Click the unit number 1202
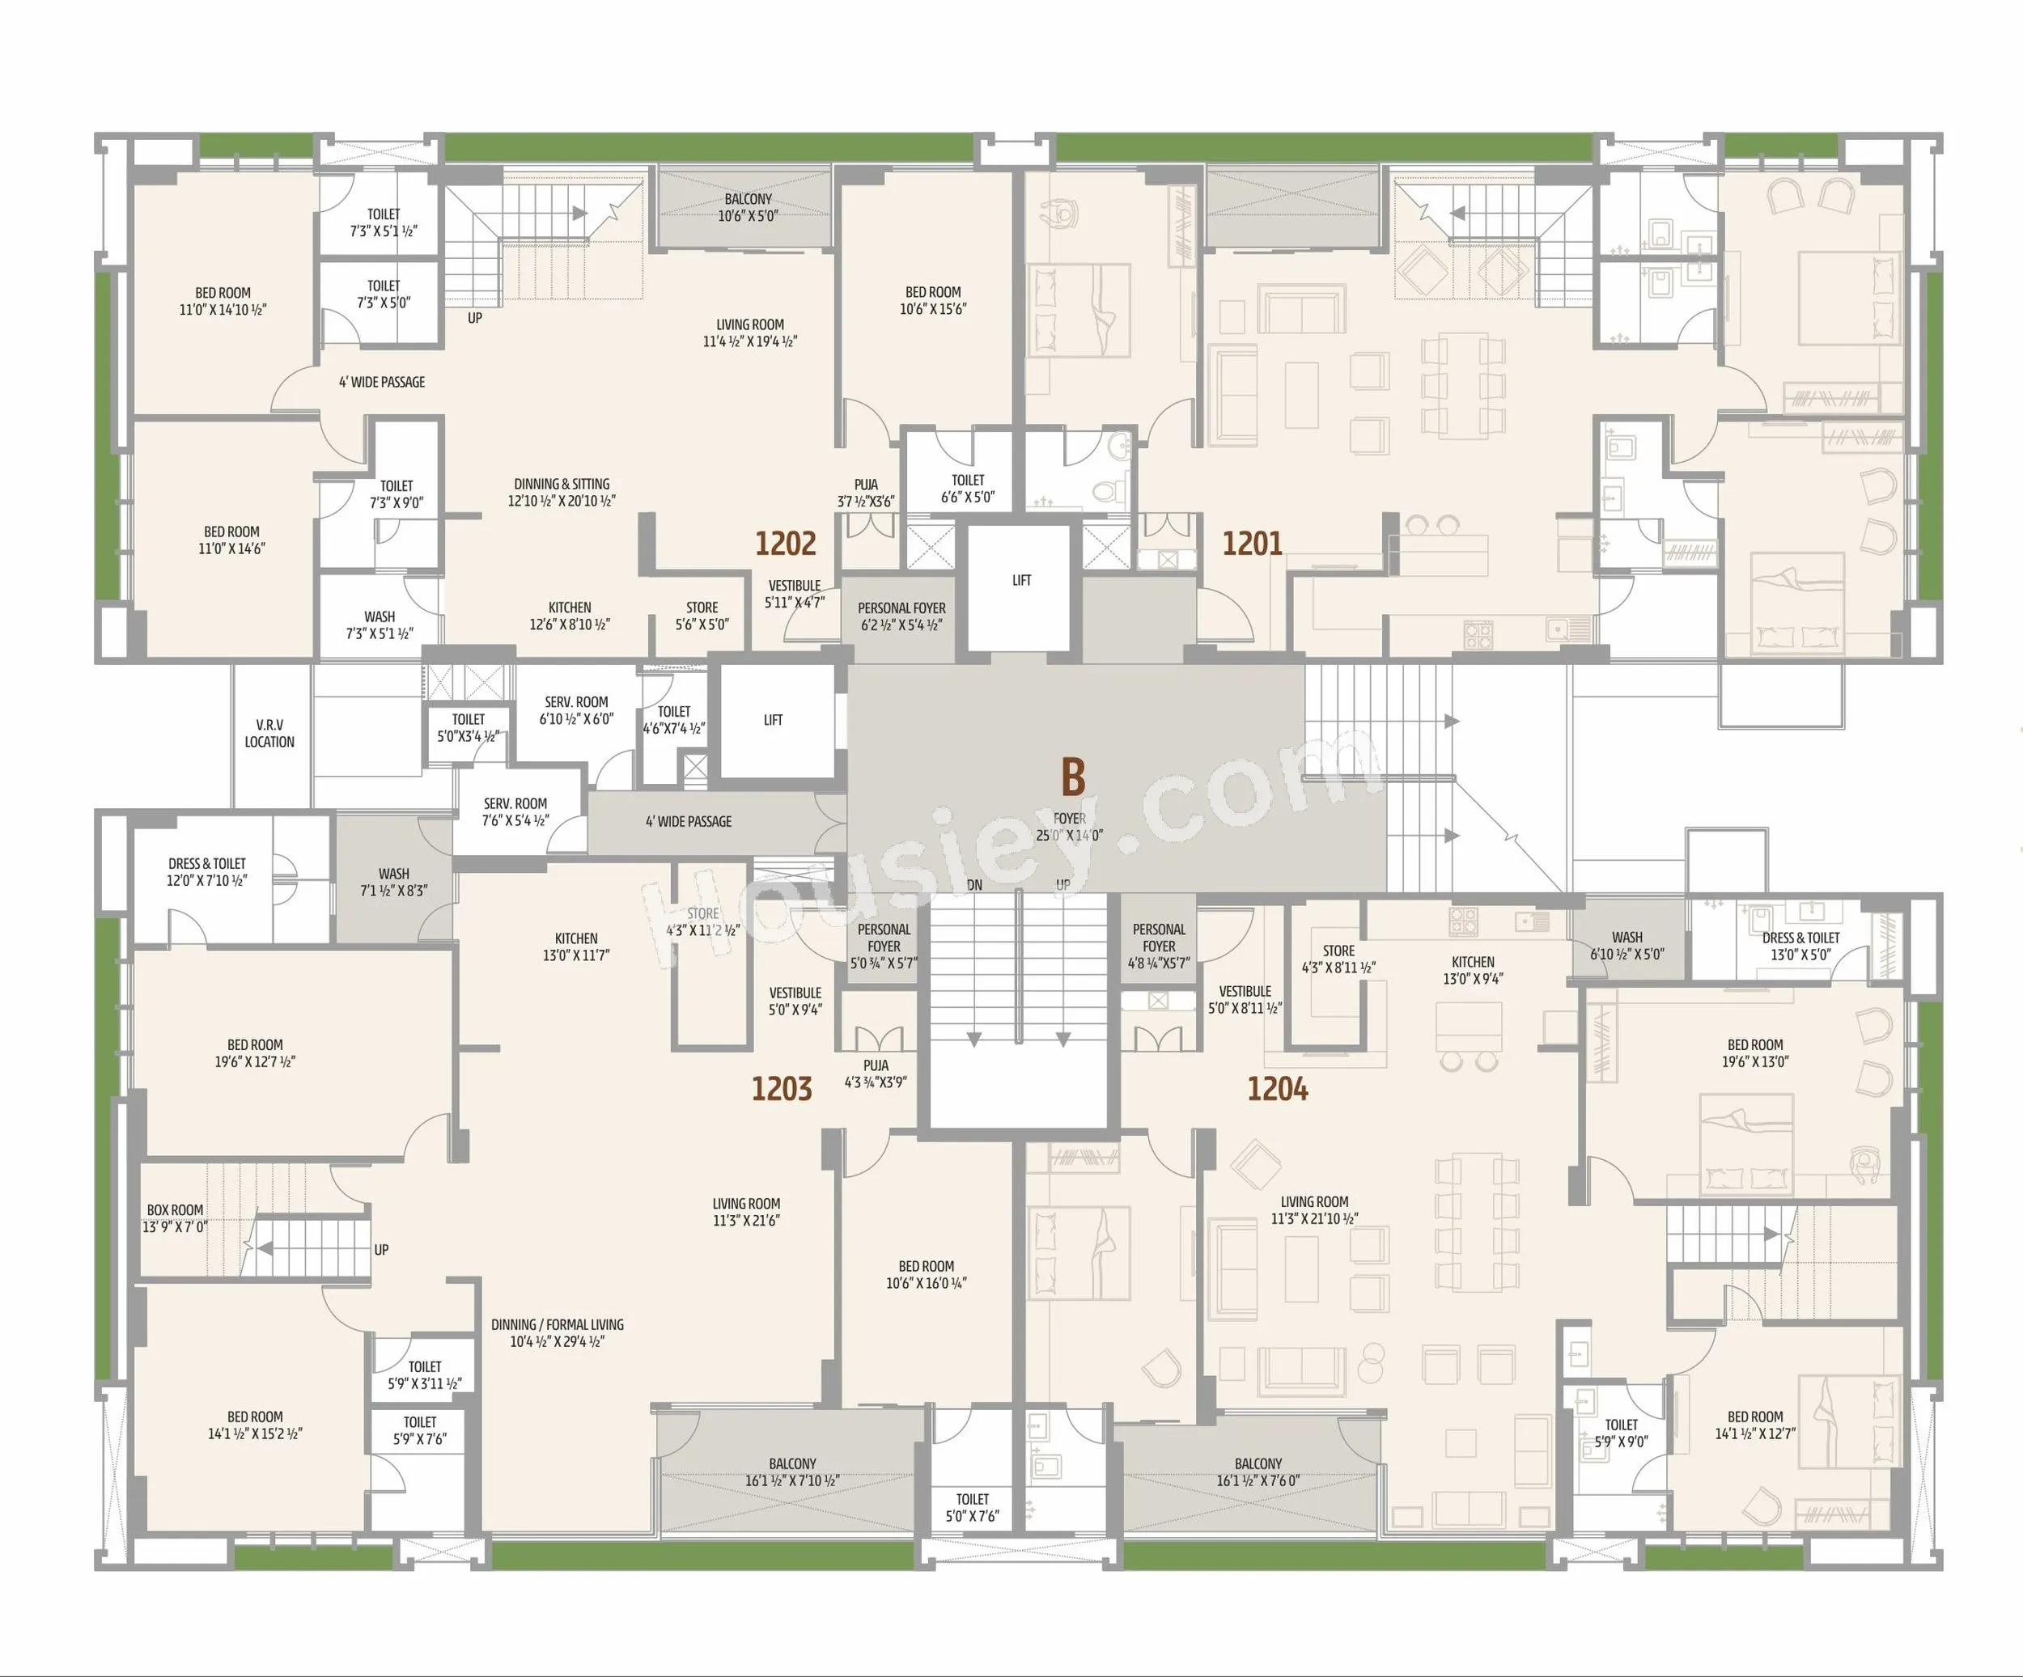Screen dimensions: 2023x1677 coord(785,544)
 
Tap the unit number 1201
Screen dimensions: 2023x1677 coord(1253,544)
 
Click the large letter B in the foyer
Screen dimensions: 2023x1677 coord(1072,776)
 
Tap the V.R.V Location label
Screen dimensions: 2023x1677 coord(269,733)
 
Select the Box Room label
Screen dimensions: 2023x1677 coord(176,1218)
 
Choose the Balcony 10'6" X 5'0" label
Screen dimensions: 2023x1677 coord(748,207)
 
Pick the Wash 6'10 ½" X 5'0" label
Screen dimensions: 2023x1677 coord(1627,945)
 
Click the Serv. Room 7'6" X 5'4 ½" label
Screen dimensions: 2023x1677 coord(515,812)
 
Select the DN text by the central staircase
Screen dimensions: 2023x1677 coord(975,885)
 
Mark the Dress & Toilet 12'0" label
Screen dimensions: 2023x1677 coord(207,872)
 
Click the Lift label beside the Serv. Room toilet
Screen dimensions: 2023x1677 coord(773,719)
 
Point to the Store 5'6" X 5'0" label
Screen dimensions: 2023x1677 coord(702,616)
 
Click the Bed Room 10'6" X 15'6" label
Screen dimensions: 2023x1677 coord(932,300)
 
